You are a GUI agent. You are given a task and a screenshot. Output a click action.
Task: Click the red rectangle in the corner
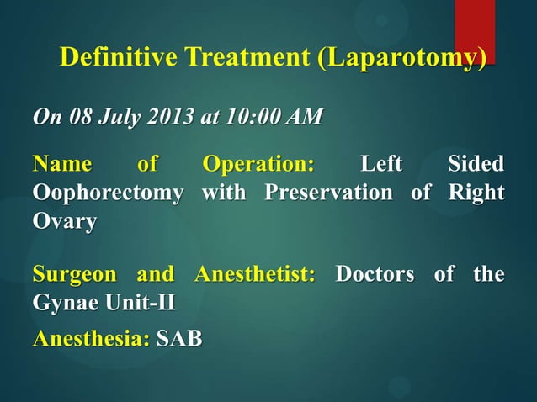(x=474, y=29)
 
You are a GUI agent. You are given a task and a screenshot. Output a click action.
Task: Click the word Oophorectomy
(x=108, y=193)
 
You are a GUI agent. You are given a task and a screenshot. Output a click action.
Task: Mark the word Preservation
(x=328, y=193)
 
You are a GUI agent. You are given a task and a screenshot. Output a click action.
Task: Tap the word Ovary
(x=64, y=222)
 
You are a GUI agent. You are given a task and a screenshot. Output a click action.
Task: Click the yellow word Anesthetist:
(x=255, y=274)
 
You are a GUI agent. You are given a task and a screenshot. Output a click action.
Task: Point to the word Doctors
(x=376, y=274)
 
